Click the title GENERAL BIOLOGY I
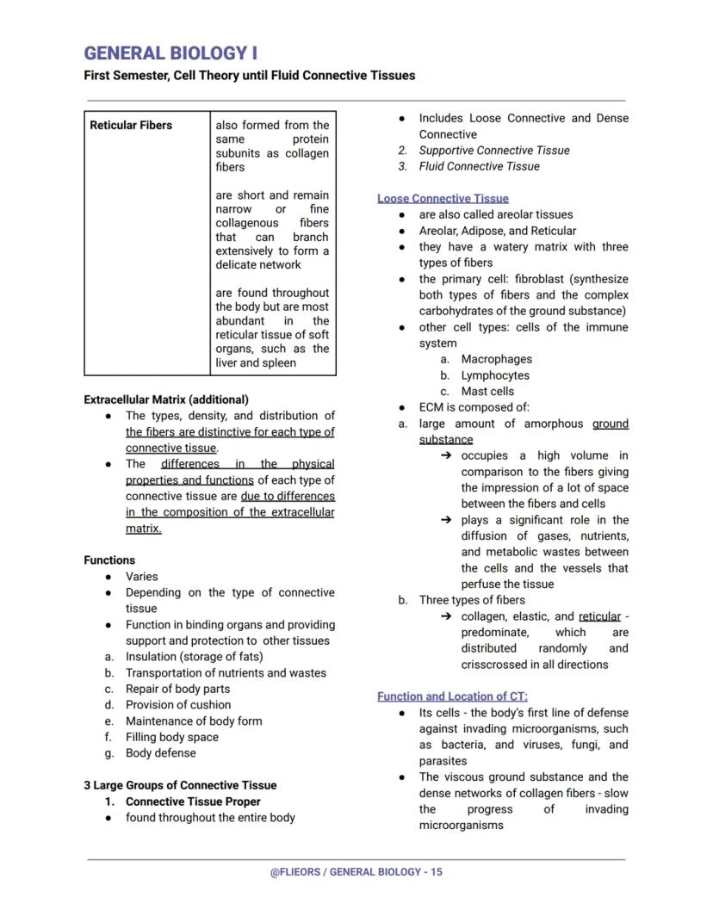point(170,53)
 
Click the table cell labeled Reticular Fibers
point(131,126)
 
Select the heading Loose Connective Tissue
point(443,199)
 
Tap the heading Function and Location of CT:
point(452,696)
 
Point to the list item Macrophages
point(496,359)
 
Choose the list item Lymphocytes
point(495,375)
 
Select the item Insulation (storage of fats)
point(195,657)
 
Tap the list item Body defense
point(160,753)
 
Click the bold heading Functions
point(109,560)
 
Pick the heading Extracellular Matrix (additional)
point(166,399)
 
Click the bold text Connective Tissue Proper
point(193,801)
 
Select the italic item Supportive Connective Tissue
point(493,151)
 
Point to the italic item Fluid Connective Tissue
point(479,167)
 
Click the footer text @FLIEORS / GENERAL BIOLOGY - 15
point(356,872)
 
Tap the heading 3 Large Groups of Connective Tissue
point(180,785)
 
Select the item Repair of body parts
point(177,689)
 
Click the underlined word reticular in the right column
point(599,616)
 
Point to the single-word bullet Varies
point(142,577)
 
